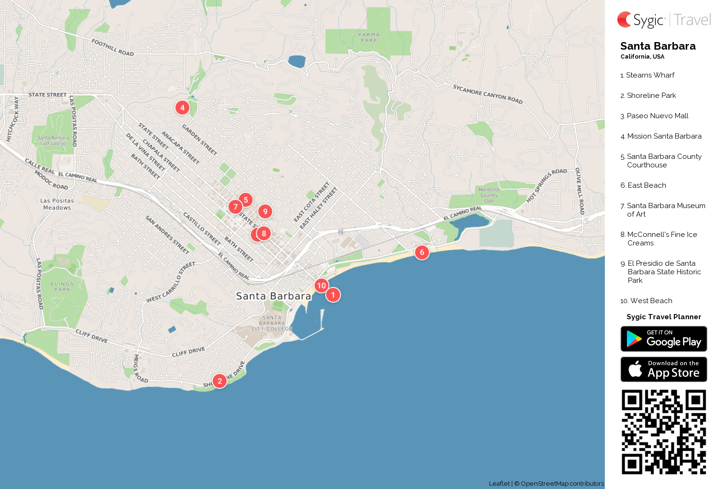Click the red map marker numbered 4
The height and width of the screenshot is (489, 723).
[182, 108]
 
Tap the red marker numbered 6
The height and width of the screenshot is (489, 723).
[422, 253]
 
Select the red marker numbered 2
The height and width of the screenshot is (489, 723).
[219, 381]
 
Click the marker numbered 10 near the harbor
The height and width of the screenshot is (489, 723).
[321, 286]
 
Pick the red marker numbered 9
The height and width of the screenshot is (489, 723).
[265, 212]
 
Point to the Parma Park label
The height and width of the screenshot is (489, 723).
[369, 37]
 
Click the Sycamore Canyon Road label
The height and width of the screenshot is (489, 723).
[488, 94]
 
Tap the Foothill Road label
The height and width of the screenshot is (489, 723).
[112, 47]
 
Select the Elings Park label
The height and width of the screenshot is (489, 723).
[62, 287]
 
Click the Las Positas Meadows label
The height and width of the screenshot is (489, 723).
[57, 204]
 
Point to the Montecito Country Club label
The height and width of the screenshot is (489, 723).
[489, 195]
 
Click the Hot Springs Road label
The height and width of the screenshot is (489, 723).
[546, 185]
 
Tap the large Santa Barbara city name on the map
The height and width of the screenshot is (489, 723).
[274, 296]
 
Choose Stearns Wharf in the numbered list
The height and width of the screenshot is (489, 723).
[650, 75]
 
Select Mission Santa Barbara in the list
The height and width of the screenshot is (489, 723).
[663, 136]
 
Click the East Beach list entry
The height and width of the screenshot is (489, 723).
[646, 185]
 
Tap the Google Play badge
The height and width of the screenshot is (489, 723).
[663, 339]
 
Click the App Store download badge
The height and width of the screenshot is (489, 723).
[663, 369]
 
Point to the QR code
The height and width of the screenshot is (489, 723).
[663, 432]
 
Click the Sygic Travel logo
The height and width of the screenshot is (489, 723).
[663, 20]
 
